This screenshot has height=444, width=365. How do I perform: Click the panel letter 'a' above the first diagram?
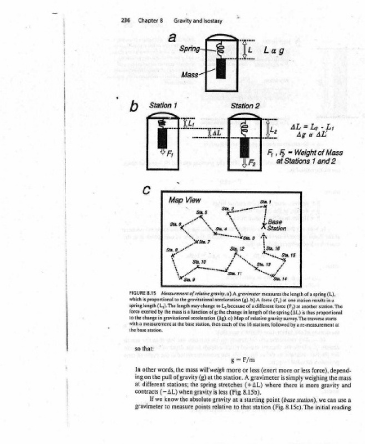tap(173, 37)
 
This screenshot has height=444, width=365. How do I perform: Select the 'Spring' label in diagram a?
tap(190, 49)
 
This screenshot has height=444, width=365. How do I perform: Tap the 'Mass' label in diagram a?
tap(190, 74)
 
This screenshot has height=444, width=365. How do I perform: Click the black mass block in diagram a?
tap(220, 69)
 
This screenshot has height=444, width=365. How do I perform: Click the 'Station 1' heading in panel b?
tap(164, 105)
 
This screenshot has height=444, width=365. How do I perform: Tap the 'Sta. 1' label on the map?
tap(265, 201)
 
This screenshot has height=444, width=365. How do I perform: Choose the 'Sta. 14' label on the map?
tap(281, 278)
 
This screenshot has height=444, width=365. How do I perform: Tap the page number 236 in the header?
tap(125, 21)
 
